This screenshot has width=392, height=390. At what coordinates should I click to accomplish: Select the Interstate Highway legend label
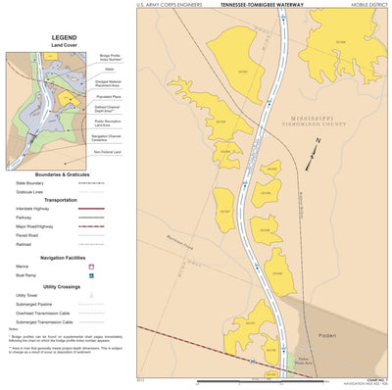[34, 208]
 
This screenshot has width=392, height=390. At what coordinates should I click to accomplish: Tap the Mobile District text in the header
[367, 5]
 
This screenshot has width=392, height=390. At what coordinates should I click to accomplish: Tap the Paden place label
[327, 334]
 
